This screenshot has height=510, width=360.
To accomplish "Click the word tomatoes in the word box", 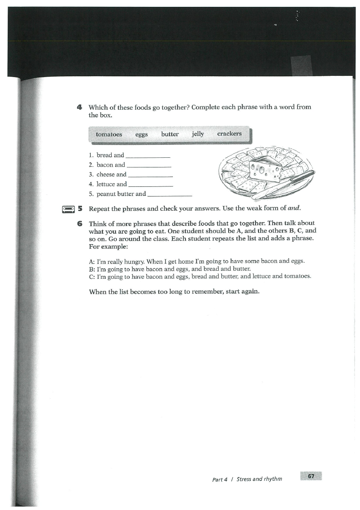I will pyautogui.click(x=109, y=134).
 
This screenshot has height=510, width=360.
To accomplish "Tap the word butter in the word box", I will pyautogui.click(x=170, y=134).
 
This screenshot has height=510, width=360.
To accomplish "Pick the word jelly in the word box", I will pyautogui.click(x=198, y=134).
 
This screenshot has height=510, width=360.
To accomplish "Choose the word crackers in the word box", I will pyautogui.click(x=229, y=134).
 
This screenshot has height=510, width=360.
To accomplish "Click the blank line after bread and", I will pyautogui.click(x=148, y=157).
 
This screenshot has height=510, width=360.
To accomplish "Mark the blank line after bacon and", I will pyautogui.click(x=149, y=166).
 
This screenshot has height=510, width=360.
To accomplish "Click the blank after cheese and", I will pyautogui.click(x=150, y=176).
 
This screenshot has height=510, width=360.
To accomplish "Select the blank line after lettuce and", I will pyautogui.click(x=150, y=186).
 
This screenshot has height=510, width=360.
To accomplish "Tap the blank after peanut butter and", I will pyautogui.click(x=169, y=195).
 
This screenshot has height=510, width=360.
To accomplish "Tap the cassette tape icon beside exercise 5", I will pyautogui.click(x=68, y=209).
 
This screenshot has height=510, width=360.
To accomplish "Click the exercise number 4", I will pyautogui.click(x=79, y=107).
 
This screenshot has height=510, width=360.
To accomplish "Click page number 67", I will pyautogui.click(x=311, y=476).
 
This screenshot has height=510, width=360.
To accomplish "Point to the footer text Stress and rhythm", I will pyautogui.click(x=259, y=479).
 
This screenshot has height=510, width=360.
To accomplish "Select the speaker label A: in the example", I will pyautogui.click(x=92, y=261).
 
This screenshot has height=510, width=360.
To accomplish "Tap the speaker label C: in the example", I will pyautogui.click(x=92, y=276).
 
